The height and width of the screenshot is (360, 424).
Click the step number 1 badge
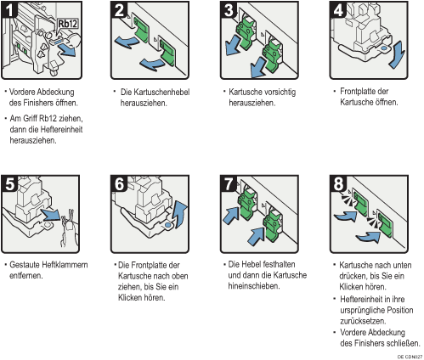[9, 9]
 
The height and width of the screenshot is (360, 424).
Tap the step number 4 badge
[338, 9]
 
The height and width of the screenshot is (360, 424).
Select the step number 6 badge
[119, 183]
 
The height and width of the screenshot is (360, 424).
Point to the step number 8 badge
[338, 183]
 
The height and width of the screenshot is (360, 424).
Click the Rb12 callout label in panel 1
[68, 24]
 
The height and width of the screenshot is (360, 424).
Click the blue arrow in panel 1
[67, 51]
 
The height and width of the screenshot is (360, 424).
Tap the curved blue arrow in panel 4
[396, 54]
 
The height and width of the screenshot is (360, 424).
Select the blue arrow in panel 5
[50, 214]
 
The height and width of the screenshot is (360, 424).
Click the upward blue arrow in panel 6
[181, 214]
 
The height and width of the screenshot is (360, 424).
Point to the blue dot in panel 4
[384, 48]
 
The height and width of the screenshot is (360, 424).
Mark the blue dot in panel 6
[167, 225]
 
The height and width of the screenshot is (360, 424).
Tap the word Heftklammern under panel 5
[65, 265]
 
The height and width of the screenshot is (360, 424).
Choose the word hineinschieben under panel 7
[254, 286]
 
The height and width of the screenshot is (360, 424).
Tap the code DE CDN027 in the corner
[410, 357]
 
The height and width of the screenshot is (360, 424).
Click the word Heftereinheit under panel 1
[61, 130]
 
